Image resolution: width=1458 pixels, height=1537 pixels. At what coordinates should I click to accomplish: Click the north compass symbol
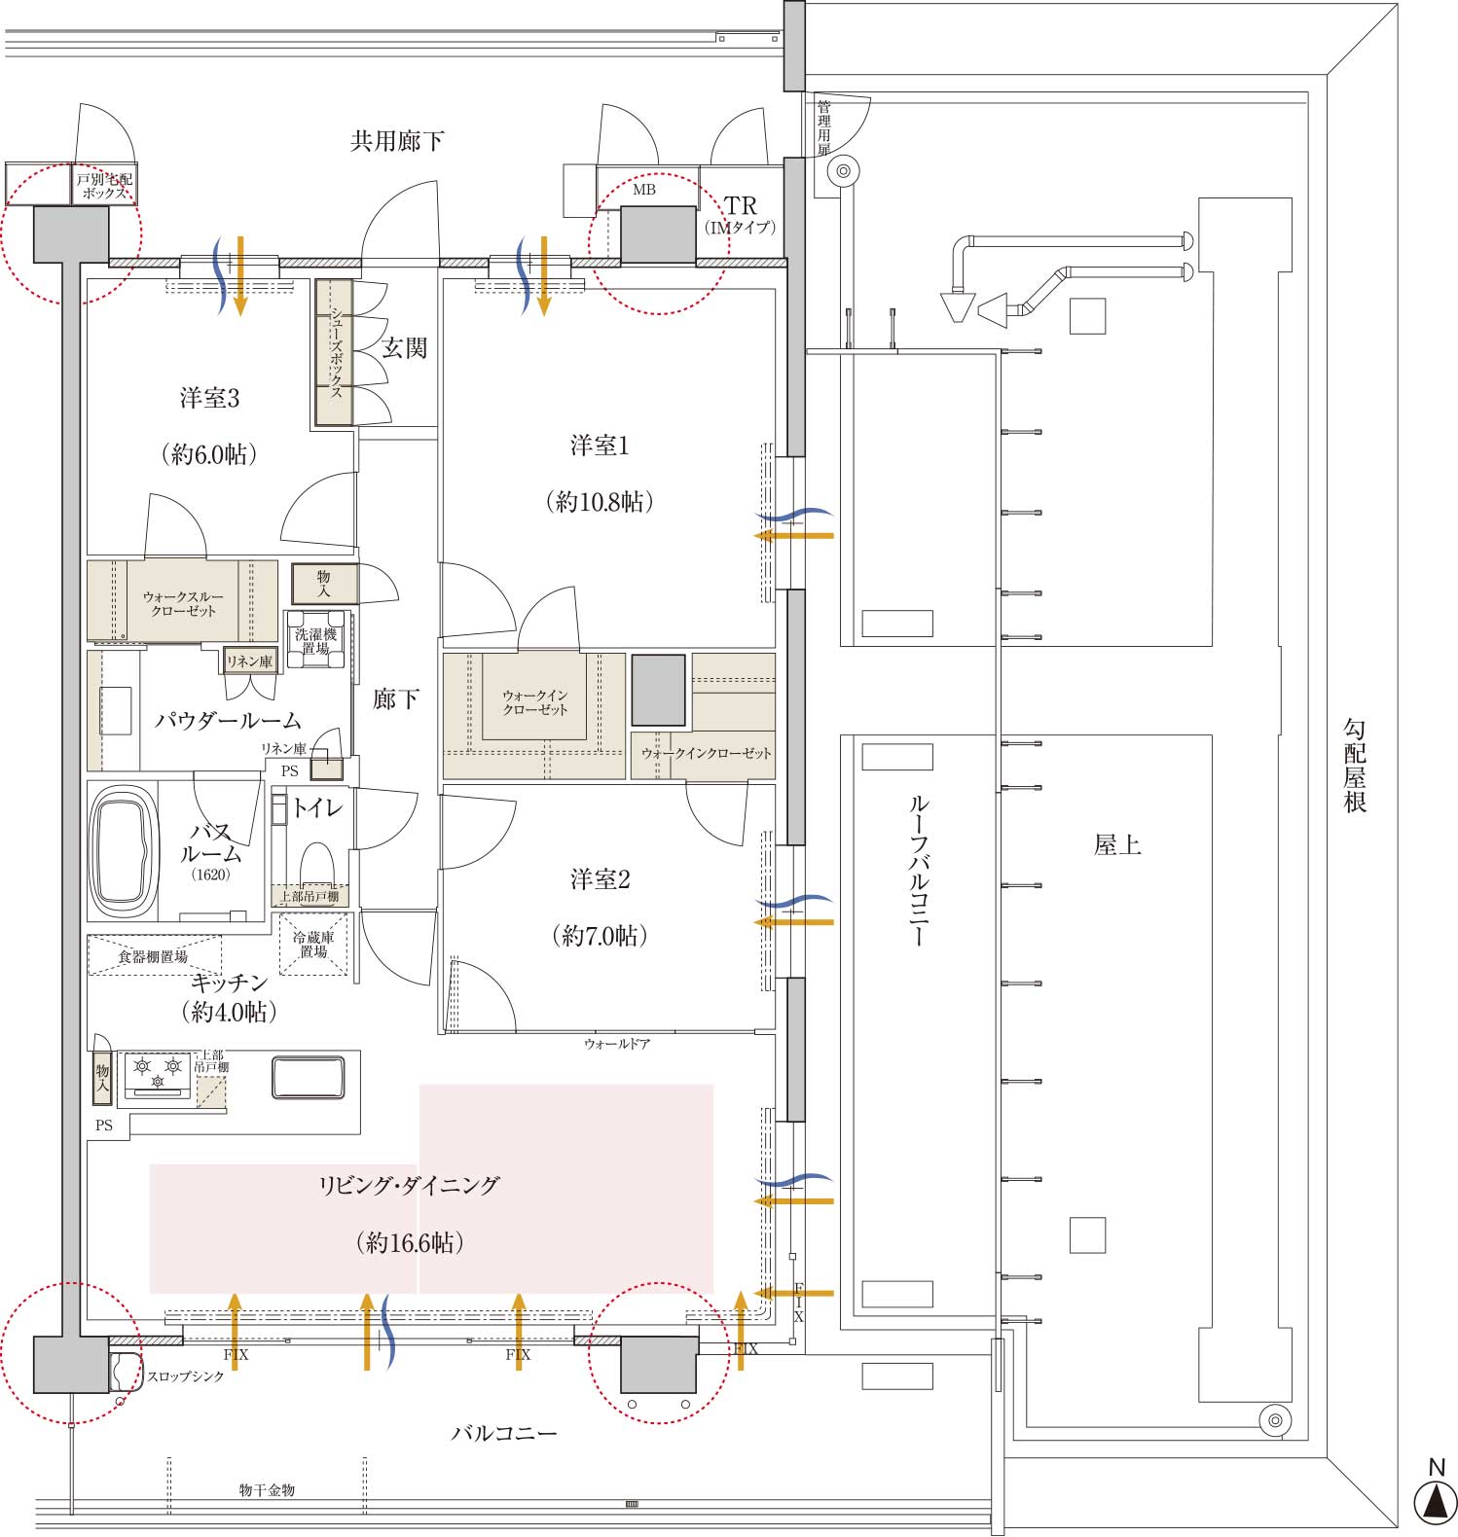(x=1435, y=1500)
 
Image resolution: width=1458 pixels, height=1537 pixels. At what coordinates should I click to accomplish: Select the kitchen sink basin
(x=308, y=1078)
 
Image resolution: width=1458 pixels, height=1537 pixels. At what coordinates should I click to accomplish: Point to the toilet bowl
(x=316, y=863)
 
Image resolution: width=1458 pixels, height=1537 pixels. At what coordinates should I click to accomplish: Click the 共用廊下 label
(x=397, y=142)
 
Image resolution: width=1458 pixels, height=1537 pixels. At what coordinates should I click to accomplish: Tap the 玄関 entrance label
(x=404, y=348)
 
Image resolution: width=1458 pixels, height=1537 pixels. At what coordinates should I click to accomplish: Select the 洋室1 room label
(x=600, y=447)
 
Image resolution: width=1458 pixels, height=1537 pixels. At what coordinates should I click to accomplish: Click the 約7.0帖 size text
(x=600, y=936)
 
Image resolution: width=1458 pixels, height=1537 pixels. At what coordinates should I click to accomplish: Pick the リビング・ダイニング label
(x=410, y=1186)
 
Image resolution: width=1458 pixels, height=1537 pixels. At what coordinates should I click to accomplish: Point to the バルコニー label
(x=504, y=1434)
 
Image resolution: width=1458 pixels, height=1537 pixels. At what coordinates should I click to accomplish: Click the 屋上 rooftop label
(x=1117, y=845)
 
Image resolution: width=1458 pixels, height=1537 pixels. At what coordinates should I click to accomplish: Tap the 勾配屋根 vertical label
(x=1355, y=766)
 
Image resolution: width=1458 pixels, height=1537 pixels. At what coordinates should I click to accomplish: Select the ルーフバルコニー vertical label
(x=919, y=871)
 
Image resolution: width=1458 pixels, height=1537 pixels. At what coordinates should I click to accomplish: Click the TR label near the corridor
(x=741, y=206)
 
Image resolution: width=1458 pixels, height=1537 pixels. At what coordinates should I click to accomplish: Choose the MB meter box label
(x=644, y=191)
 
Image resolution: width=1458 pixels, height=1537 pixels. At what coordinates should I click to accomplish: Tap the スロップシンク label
(x=185, y=1376)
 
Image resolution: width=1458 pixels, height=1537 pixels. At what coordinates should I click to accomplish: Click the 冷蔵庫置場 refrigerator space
(x=313, y=944)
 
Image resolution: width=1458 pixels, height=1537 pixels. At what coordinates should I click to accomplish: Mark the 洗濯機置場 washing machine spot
(x=316, y=640)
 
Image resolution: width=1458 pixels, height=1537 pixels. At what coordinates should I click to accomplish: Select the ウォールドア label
(x=617, y=1044)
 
